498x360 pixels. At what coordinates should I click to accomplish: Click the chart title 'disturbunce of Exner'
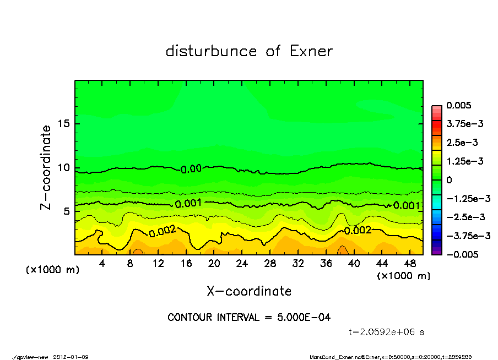pyautogui.click(x=249, y=51)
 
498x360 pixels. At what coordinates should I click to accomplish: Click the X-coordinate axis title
pyautogui.click(x=249, y=291)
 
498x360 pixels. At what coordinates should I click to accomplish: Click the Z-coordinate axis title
pyautogui.click(x=46, y=167)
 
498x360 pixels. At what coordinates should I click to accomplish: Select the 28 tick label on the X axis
pyautogui.click(x=270, y=264)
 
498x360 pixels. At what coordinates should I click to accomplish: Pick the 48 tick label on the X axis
pyautogui.click(x=410, y=264)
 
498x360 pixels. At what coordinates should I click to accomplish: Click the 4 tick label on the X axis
pyautogui.click(x=102, y=264)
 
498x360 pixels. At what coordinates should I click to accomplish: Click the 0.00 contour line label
pyautogui.click(x=191, y=169)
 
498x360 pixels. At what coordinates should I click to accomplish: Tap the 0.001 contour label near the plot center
pyautogui.click(x=189, y=204)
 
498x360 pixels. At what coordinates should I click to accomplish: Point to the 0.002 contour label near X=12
pyautogui.click(x=162, y=232)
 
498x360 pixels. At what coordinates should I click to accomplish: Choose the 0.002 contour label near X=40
pyautogui.click(x=358, y=230)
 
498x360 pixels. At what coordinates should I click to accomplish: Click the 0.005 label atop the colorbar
pyautogui.click(x=459, y=106)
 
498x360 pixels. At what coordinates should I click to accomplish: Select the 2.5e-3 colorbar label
pyautogui.click(x=462, y=143)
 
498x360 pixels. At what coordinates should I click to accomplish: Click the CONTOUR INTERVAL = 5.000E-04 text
pyautogui.click(x=249, y=318)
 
